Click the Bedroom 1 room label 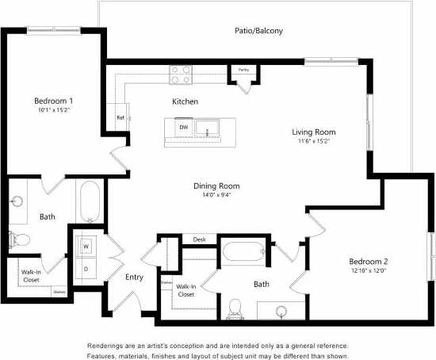pyautogui.click(x=54, y=101)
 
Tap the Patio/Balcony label pyautogui.click(x=258, y=31)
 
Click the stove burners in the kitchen pyautogui.click(x=181, y=75)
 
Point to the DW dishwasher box pyautogui.click(x=183, y=127)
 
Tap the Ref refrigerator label pyautogui.click(x=120, y=117)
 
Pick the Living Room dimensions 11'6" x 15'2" pyautogui.click(x=314, y=142)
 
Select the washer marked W pyautogui.click(x=86, y=247)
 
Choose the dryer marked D pyautogui.click(x=86, y=268)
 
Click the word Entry pyautogui.click(x=135, y=277)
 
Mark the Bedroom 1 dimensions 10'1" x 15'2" pyautogui.click(x=54, y=111)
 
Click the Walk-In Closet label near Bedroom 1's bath pyautogui.click(x=31, y=276)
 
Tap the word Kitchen pyautogui.click(x=185, y=101)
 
